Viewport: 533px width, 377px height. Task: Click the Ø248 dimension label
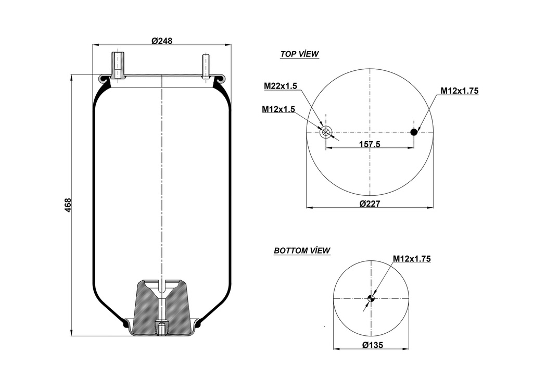coord(162,41)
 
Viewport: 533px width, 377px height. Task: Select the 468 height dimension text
coord(68,205)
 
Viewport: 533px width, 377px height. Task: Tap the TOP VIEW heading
coord(299,54)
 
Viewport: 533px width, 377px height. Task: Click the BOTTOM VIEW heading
coord(302,250)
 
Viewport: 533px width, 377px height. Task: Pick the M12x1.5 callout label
coord(278,109)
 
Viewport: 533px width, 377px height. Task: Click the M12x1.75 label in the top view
coord(460,91)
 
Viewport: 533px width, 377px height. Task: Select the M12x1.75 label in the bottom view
coord(411,259)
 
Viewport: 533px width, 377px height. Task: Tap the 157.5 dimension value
coord(370,144)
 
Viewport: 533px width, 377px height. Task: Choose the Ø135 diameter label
coord(371,345)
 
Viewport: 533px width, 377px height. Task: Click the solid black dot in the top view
coord(414,132)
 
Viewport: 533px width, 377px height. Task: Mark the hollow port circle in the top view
coord(325,132)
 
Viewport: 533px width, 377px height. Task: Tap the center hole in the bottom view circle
coord(371,298)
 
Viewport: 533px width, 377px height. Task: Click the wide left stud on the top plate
coord(118,66)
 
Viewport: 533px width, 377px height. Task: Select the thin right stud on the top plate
coord(206,66)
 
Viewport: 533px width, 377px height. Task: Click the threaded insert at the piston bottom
coord(162,329)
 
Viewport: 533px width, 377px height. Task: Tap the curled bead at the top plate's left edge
coord(105,79)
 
